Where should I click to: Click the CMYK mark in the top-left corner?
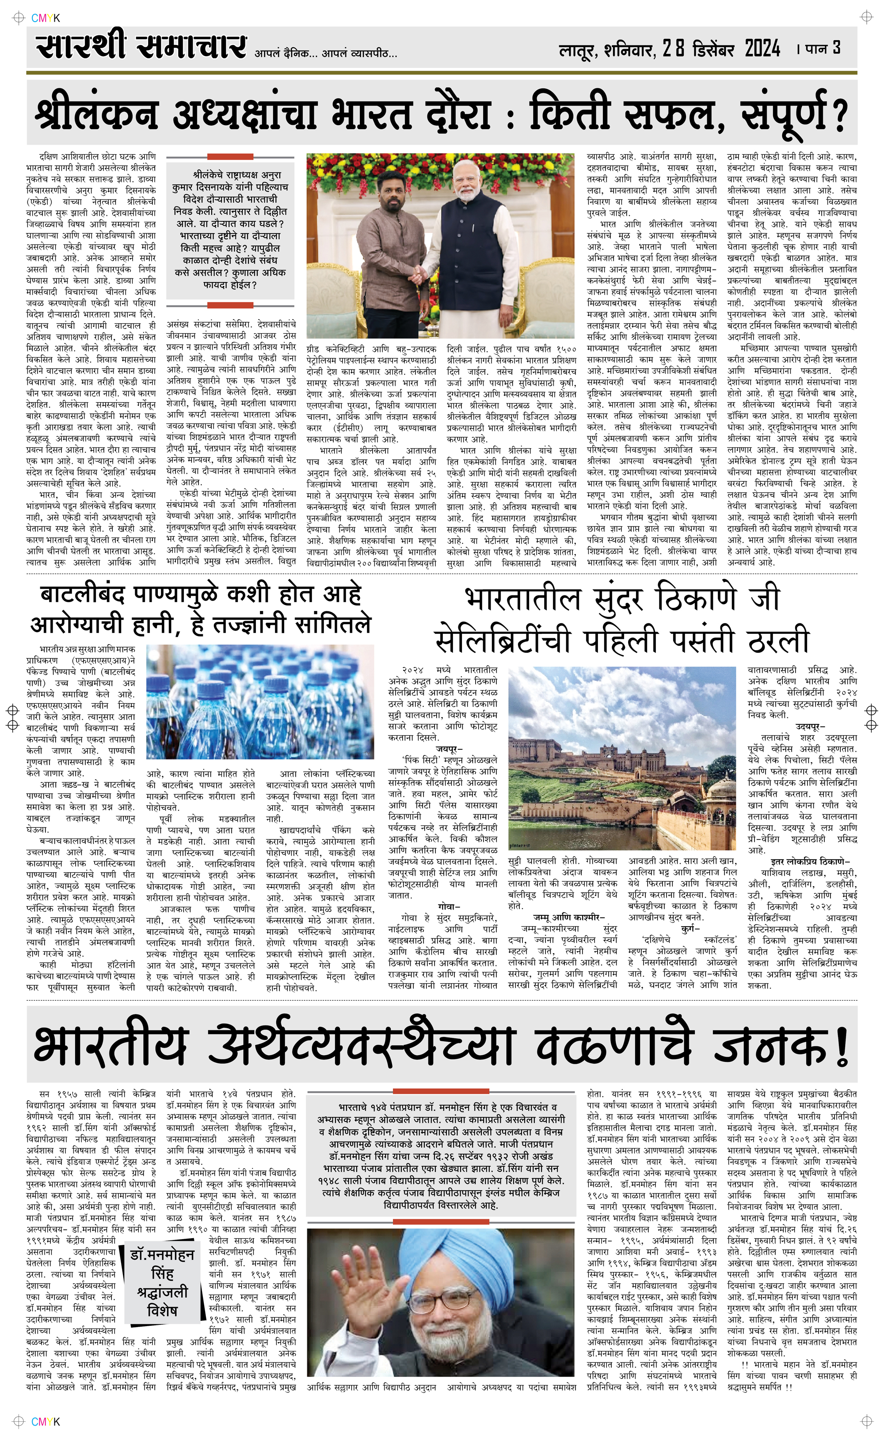(x=46, y=18)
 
